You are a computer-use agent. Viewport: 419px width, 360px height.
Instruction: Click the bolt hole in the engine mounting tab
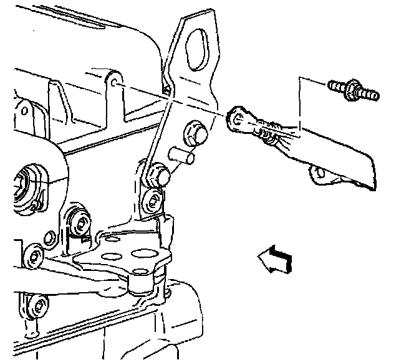click(x=116, y=82)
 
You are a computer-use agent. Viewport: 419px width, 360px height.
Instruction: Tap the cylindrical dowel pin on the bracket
click(x=183, y=155)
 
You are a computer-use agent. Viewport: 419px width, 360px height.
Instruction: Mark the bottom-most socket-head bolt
click(x=39, y=306)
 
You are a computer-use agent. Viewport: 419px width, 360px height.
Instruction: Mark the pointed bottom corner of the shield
click(x=373, y=189)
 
